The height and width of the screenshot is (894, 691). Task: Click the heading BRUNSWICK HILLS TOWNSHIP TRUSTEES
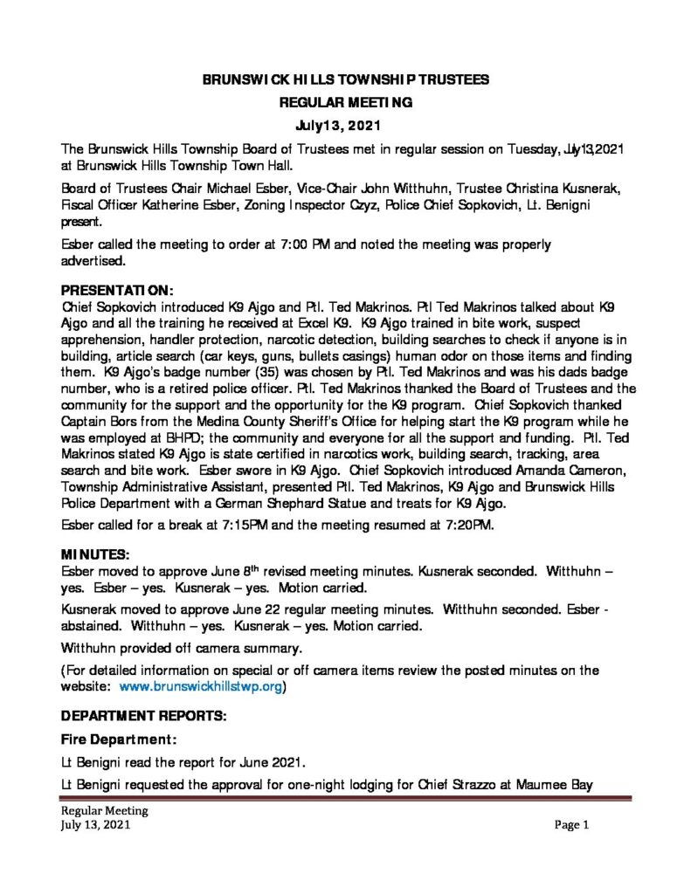[345, 79]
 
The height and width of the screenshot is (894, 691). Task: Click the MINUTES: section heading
[96, 554]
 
